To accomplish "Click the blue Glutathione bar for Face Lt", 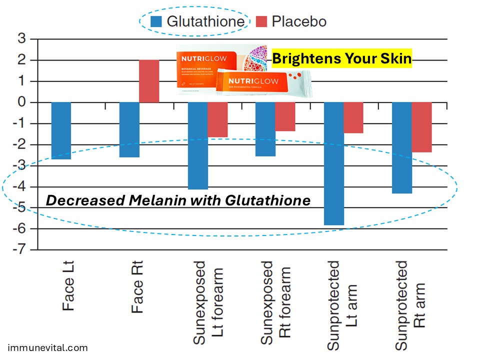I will point(61,130).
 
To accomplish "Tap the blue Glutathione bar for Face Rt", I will point(129,129).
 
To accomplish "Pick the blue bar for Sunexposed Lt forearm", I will point(197,145).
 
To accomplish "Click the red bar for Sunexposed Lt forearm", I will point(217,119).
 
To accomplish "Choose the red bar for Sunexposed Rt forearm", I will point(285,116).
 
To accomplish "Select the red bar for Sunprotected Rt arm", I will point(421,127).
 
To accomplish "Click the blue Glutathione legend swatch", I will point(156,21).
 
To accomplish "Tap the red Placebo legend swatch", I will point(262,21).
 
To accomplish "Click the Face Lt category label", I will point(69,285).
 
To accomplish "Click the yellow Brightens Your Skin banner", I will point(341,59).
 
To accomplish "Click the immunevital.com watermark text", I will point(48,348).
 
